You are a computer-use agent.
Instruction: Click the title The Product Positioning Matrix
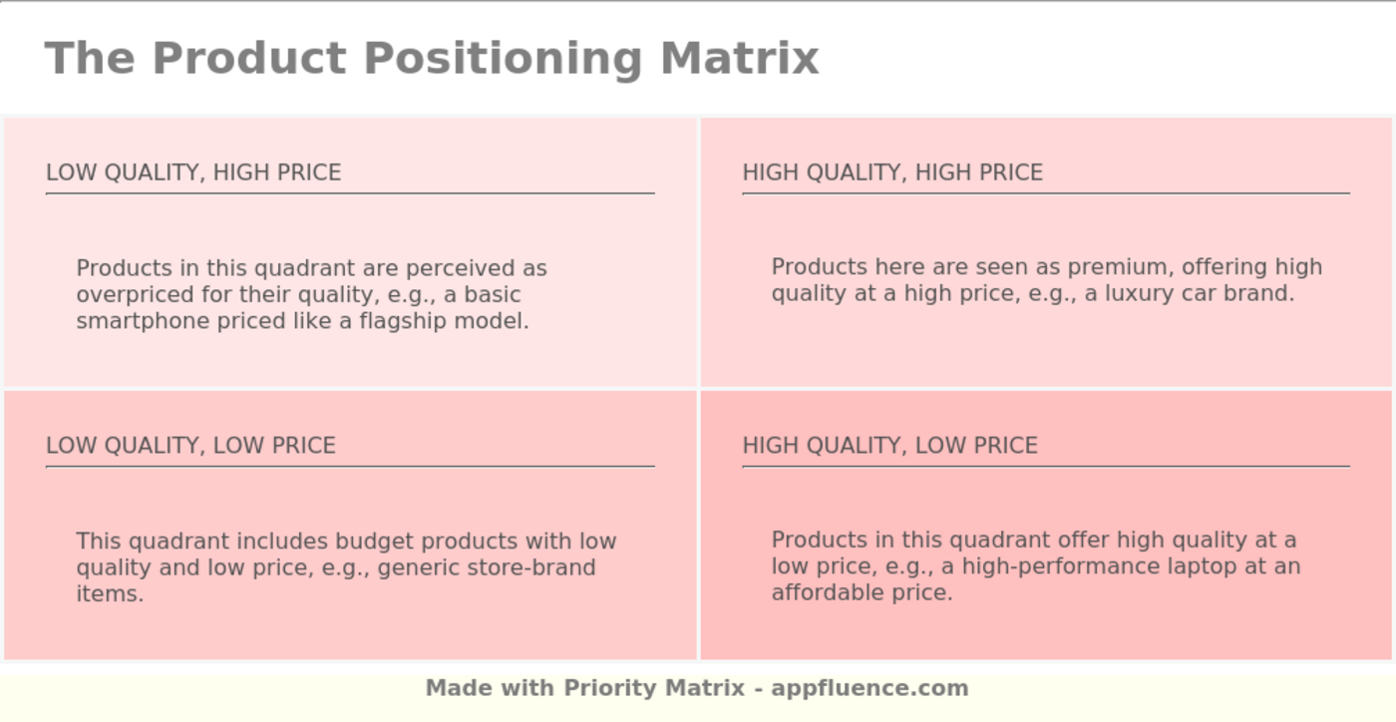pyautogui.click(x=431, y=58)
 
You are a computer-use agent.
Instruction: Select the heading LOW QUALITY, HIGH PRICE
pyautogui.click(x=193, y=173)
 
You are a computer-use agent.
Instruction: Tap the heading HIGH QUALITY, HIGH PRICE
pyautogui.click(x=892, y=173)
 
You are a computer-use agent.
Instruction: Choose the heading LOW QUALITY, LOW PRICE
pyautogui.click(x=190, y=446)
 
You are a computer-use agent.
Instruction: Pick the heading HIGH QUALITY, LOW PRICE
pyautogui.click(x=889, y=446)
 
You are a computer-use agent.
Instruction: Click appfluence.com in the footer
pyautogui.click(x=870, y=688)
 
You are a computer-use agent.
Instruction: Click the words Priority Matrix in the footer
pyautogui.click(x=654, y=688)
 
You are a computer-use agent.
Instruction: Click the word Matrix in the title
pyautogui.click(x=739, y=58)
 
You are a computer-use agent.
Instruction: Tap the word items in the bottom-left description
pyautogui.click(x=109, y=593)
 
